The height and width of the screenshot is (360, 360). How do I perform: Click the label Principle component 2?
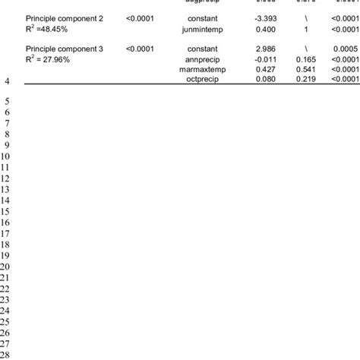pos(62,16)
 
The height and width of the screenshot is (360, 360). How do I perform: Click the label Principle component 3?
pos(62,48)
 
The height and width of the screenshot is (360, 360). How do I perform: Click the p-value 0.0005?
pos(346,48)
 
